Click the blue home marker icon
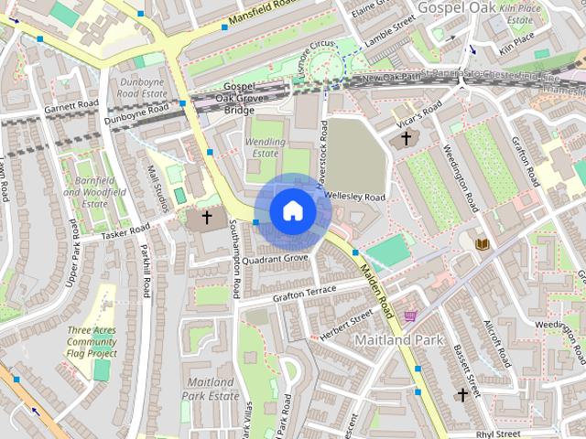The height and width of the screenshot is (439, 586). coord(292,210)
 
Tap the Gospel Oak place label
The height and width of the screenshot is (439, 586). coord(455,7)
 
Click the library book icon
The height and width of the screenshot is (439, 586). coord(482,243)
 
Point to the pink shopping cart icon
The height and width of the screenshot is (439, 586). coord(410,316)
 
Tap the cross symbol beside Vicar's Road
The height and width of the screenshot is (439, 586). coord(407,139)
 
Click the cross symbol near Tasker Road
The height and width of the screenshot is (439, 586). coord(207,218)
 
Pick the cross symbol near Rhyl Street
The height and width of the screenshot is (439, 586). coord(463,394)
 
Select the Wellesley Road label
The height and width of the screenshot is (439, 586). coord(355,197)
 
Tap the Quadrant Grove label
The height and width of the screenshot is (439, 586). coord(275,259)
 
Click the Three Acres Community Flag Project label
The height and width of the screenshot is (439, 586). coord(92,341)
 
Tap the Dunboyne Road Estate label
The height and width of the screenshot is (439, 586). coord(141,87)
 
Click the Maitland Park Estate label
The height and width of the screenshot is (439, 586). coord(212,389)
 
